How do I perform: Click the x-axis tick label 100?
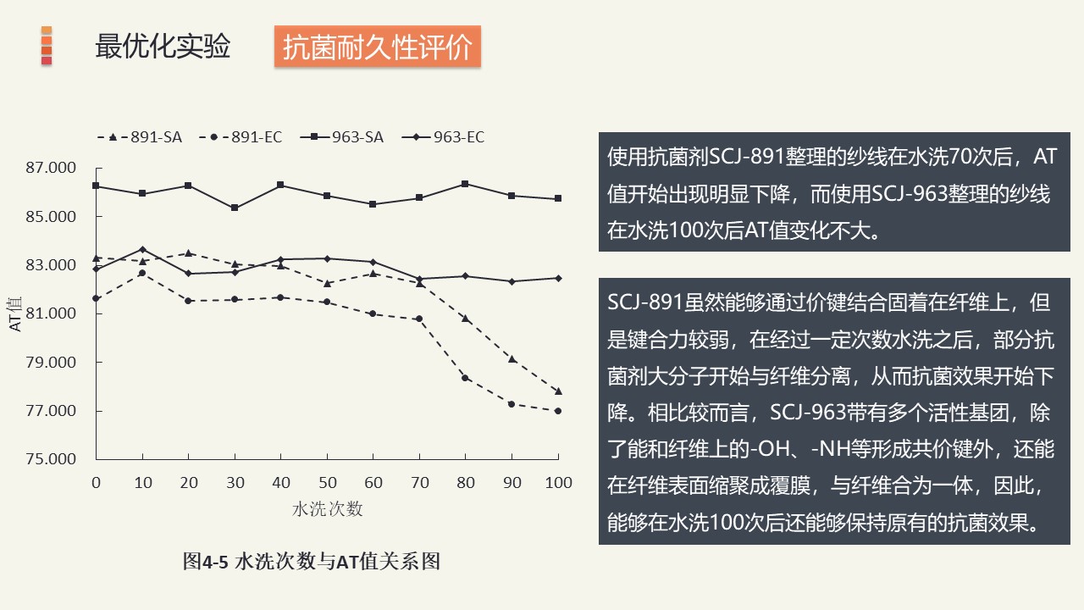pos(557,483)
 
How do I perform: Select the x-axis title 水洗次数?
pos(328,509)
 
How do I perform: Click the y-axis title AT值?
pos(17,313)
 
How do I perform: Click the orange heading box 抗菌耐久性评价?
pos(377,47)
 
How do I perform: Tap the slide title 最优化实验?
pos(163,47)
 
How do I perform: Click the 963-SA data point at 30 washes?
pos(235,208)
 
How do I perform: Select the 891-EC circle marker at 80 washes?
pos(466,378)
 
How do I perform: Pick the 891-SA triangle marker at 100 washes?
pos(558,391)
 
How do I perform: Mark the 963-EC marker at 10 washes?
pos(142,249)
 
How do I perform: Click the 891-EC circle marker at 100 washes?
pos(558,411)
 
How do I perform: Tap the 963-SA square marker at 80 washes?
pos(466,184)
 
